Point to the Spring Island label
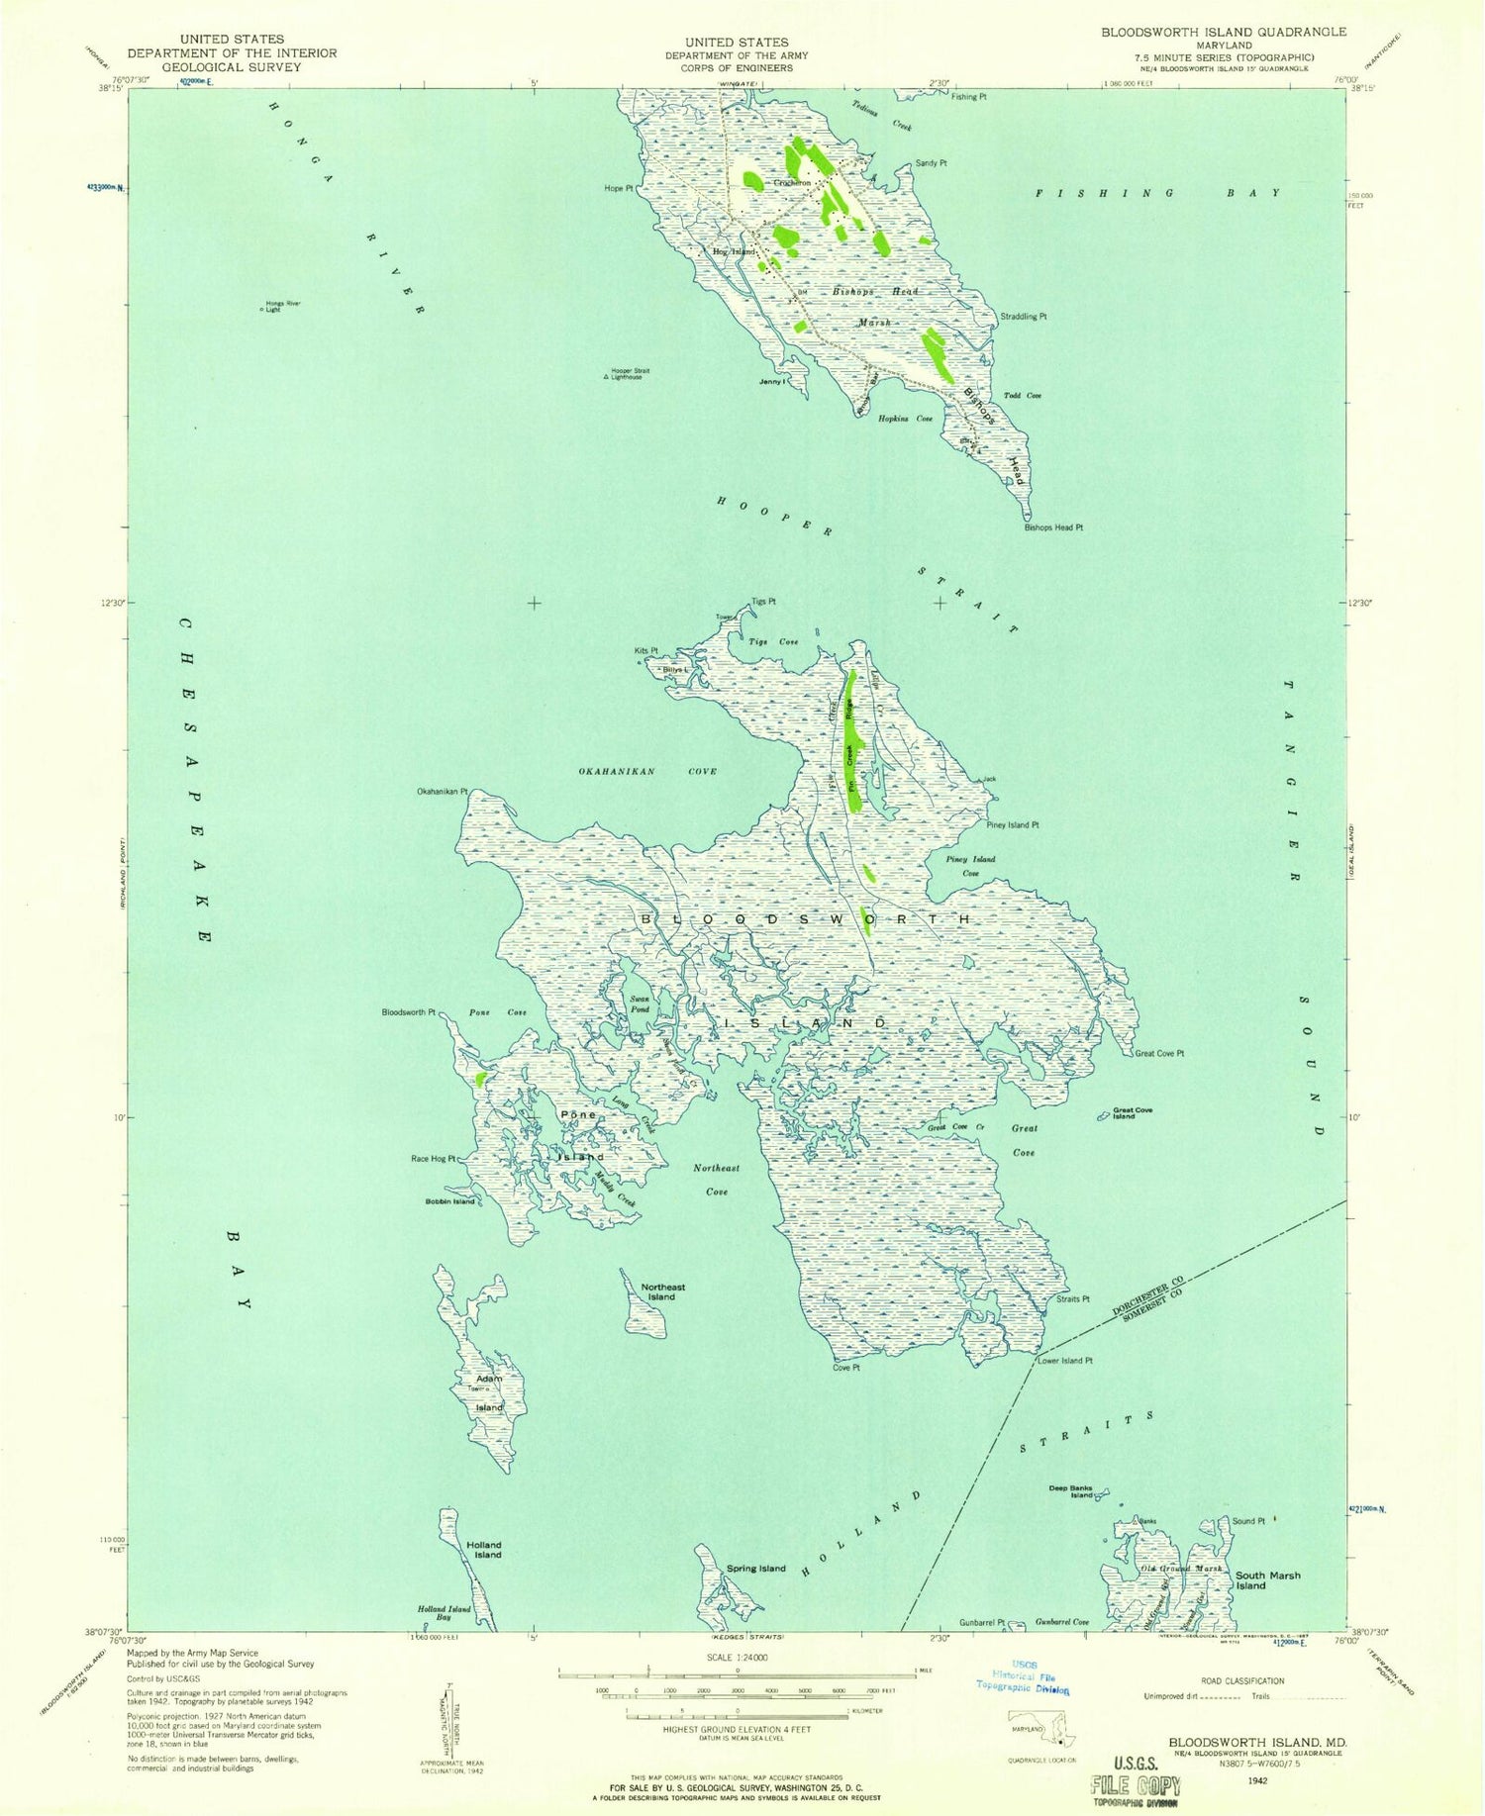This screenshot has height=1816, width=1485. pyautogui.click(x=755, y=1568)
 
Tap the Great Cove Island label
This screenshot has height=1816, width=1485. pyautogui.click(x=1133, y=1112)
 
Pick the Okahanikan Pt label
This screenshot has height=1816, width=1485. pyautogui.click(x=442, y=792)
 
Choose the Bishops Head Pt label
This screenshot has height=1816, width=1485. pyautogui.click(x=1053, y=527)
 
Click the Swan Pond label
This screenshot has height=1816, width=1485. pyautogui.click(x=640, y=1004)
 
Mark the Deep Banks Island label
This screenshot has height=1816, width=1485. pyautogui.click(x=1071, y=1491)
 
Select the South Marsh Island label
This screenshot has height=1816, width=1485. pyautogui.click(x=1267, y=1579)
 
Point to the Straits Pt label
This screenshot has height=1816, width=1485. pyautogui.click(x=1072, y=1298)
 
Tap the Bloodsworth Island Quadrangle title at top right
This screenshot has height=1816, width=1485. pyautogui.click(x=1209, y=32)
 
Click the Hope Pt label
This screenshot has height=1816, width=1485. pyautogui.click(x=620, y=188)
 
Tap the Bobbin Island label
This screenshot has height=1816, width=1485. pyautogui.click(x=449, y=1201)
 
